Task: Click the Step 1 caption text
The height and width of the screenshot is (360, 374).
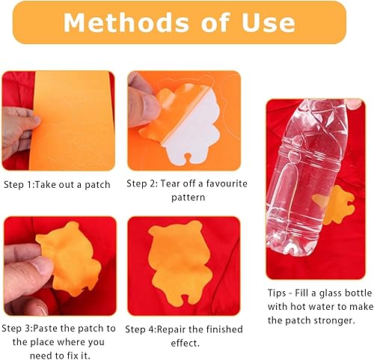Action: point(57,185)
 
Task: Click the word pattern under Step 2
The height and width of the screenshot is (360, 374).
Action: point(188,198)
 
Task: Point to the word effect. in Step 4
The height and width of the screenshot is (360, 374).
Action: point(186,343)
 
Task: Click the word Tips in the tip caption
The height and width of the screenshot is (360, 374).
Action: point(277,293)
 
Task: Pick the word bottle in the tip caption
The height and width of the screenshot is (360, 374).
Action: point(358,293)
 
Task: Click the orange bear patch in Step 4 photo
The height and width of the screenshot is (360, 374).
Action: point(180,262)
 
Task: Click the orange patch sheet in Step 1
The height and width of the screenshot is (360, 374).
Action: point(73,120)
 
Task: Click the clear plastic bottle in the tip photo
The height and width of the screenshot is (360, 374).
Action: point(307,174)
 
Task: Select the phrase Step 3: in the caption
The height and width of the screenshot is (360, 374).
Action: point(17,329)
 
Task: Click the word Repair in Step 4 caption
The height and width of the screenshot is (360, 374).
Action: point(171,329)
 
